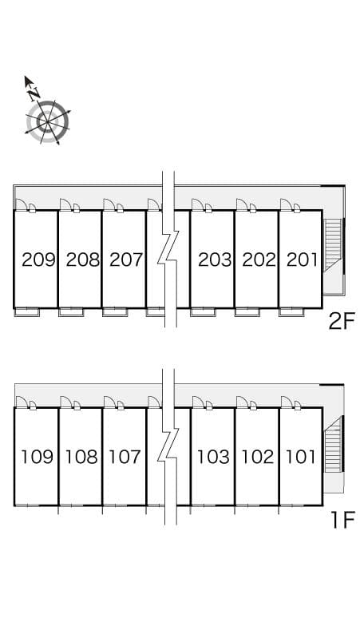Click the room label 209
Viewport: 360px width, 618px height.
38,259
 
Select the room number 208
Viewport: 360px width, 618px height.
82,259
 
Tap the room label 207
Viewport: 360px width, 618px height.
126,259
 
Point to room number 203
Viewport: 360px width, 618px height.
215,259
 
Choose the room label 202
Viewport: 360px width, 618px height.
259,259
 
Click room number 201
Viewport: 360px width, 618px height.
302,259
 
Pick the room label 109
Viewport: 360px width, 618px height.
38,457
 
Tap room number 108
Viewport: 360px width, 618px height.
81,457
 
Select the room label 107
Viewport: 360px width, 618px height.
125,457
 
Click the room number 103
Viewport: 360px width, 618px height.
213,457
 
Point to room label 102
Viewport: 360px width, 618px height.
258,457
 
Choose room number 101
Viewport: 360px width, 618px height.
301,457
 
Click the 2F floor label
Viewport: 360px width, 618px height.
342,322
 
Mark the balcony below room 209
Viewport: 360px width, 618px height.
26,312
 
